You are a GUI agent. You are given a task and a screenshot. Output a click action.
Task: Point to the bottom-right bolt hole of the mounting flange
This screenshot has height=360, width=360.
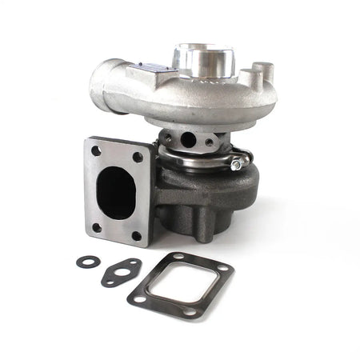136,236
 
